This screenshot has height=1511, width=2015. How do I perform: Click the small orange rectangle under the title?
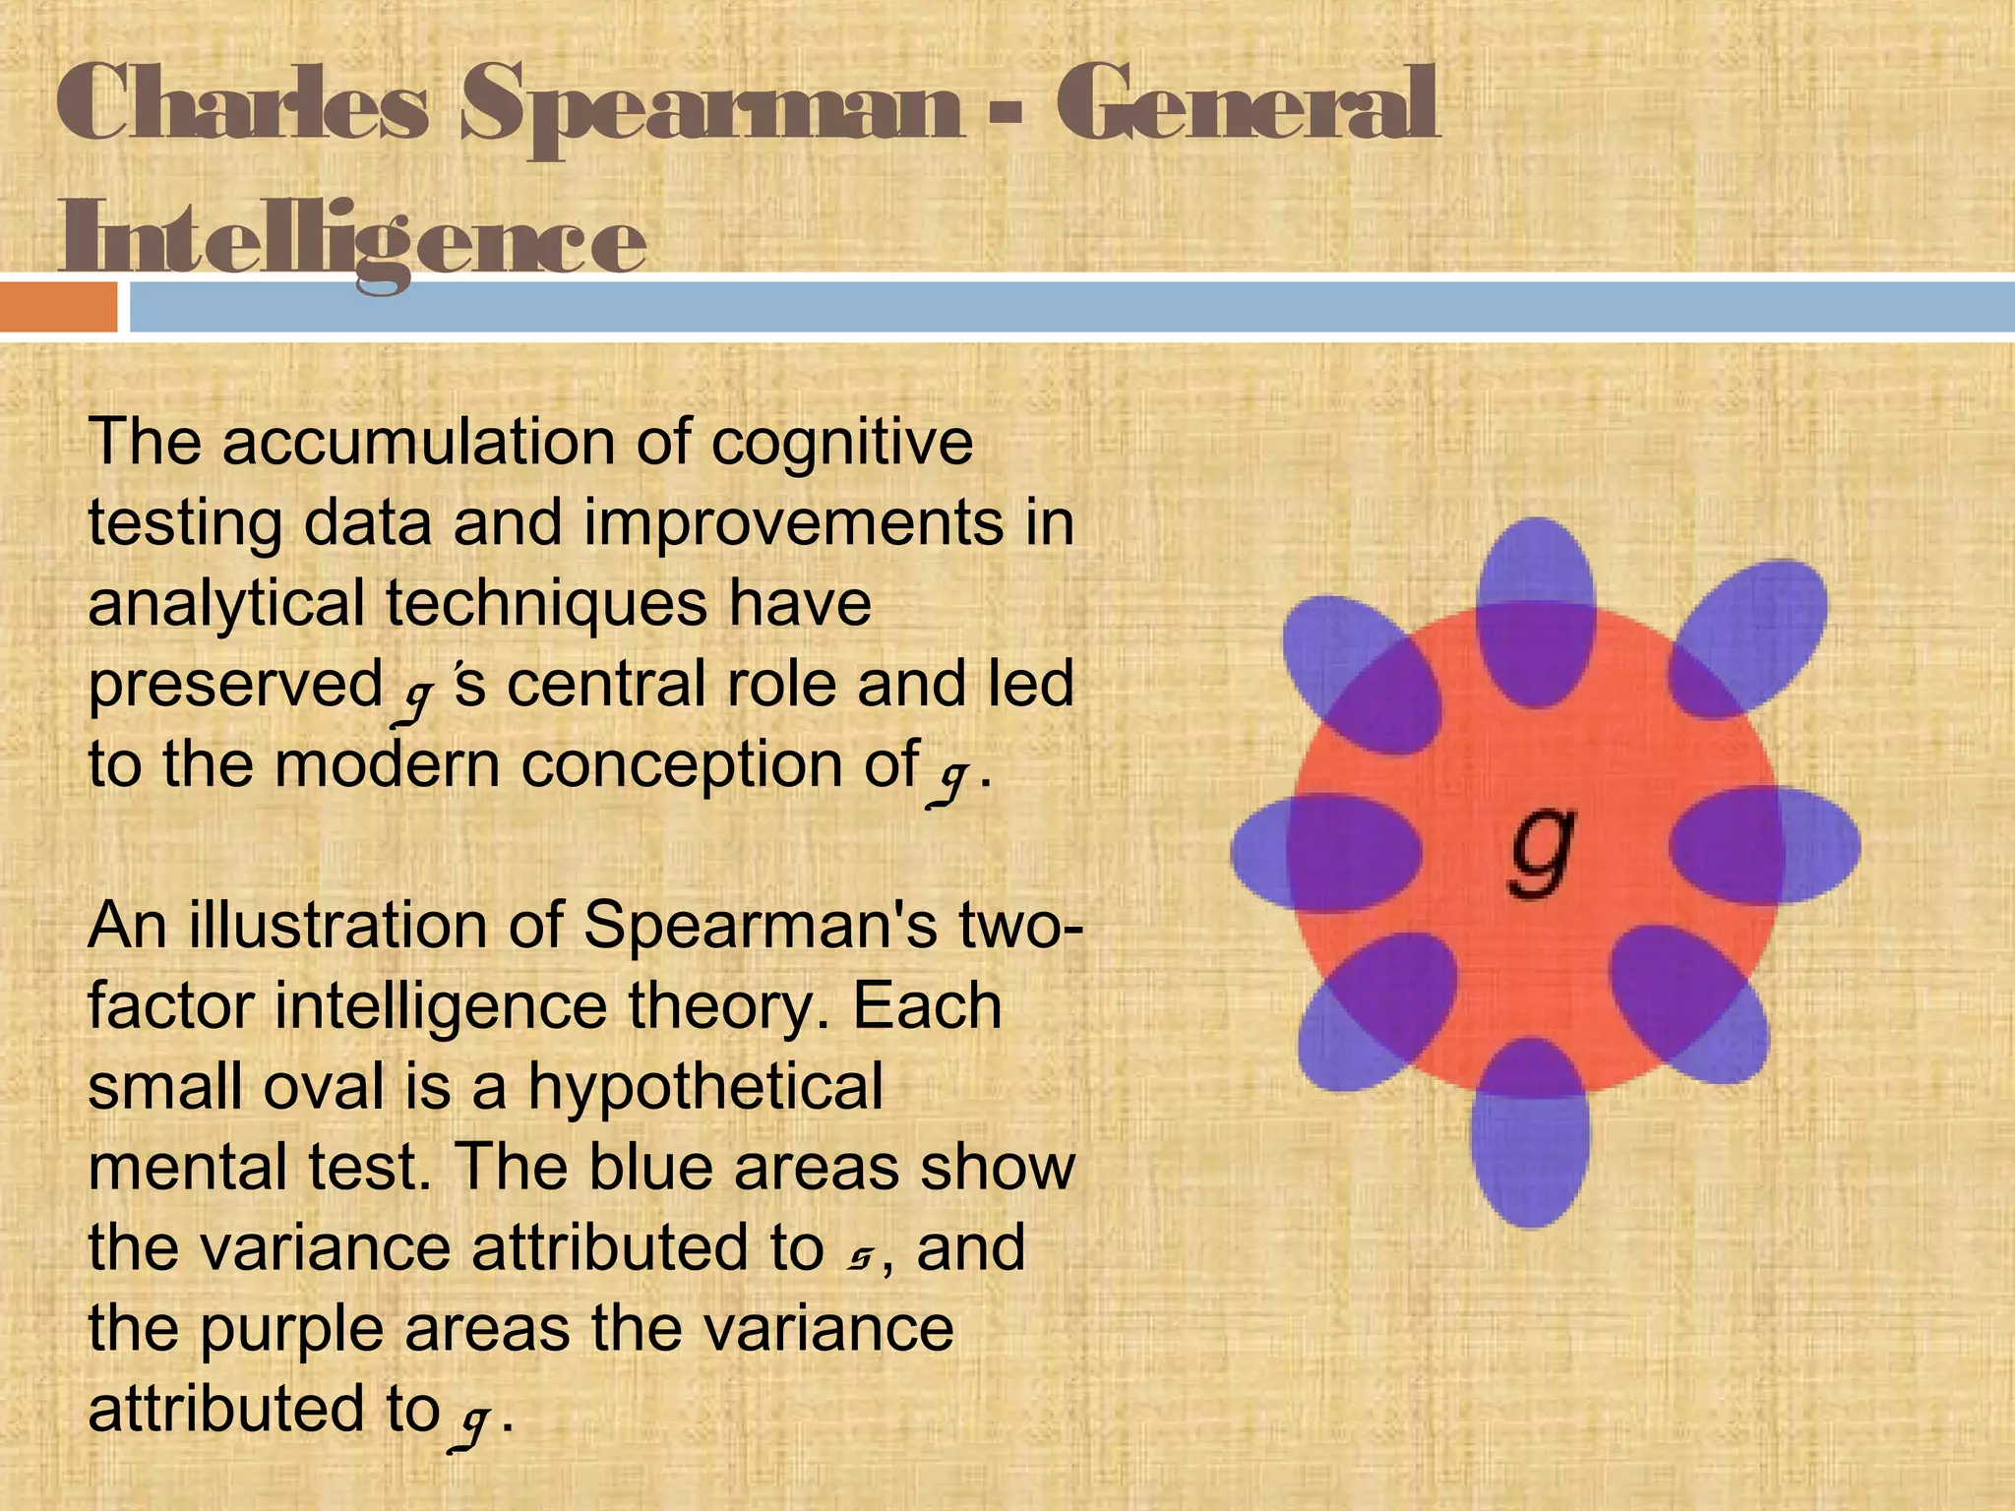pos(58,307)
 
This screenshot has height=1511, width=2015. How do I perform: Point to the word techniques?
pos(546,603)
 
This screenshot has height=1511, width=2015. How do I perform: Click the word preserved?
pos(235,684)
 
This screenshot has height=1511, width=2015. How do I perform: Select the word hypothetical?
pos(705,1087)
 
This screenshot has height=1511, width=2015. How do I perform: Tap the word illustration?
pos(375,926)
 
